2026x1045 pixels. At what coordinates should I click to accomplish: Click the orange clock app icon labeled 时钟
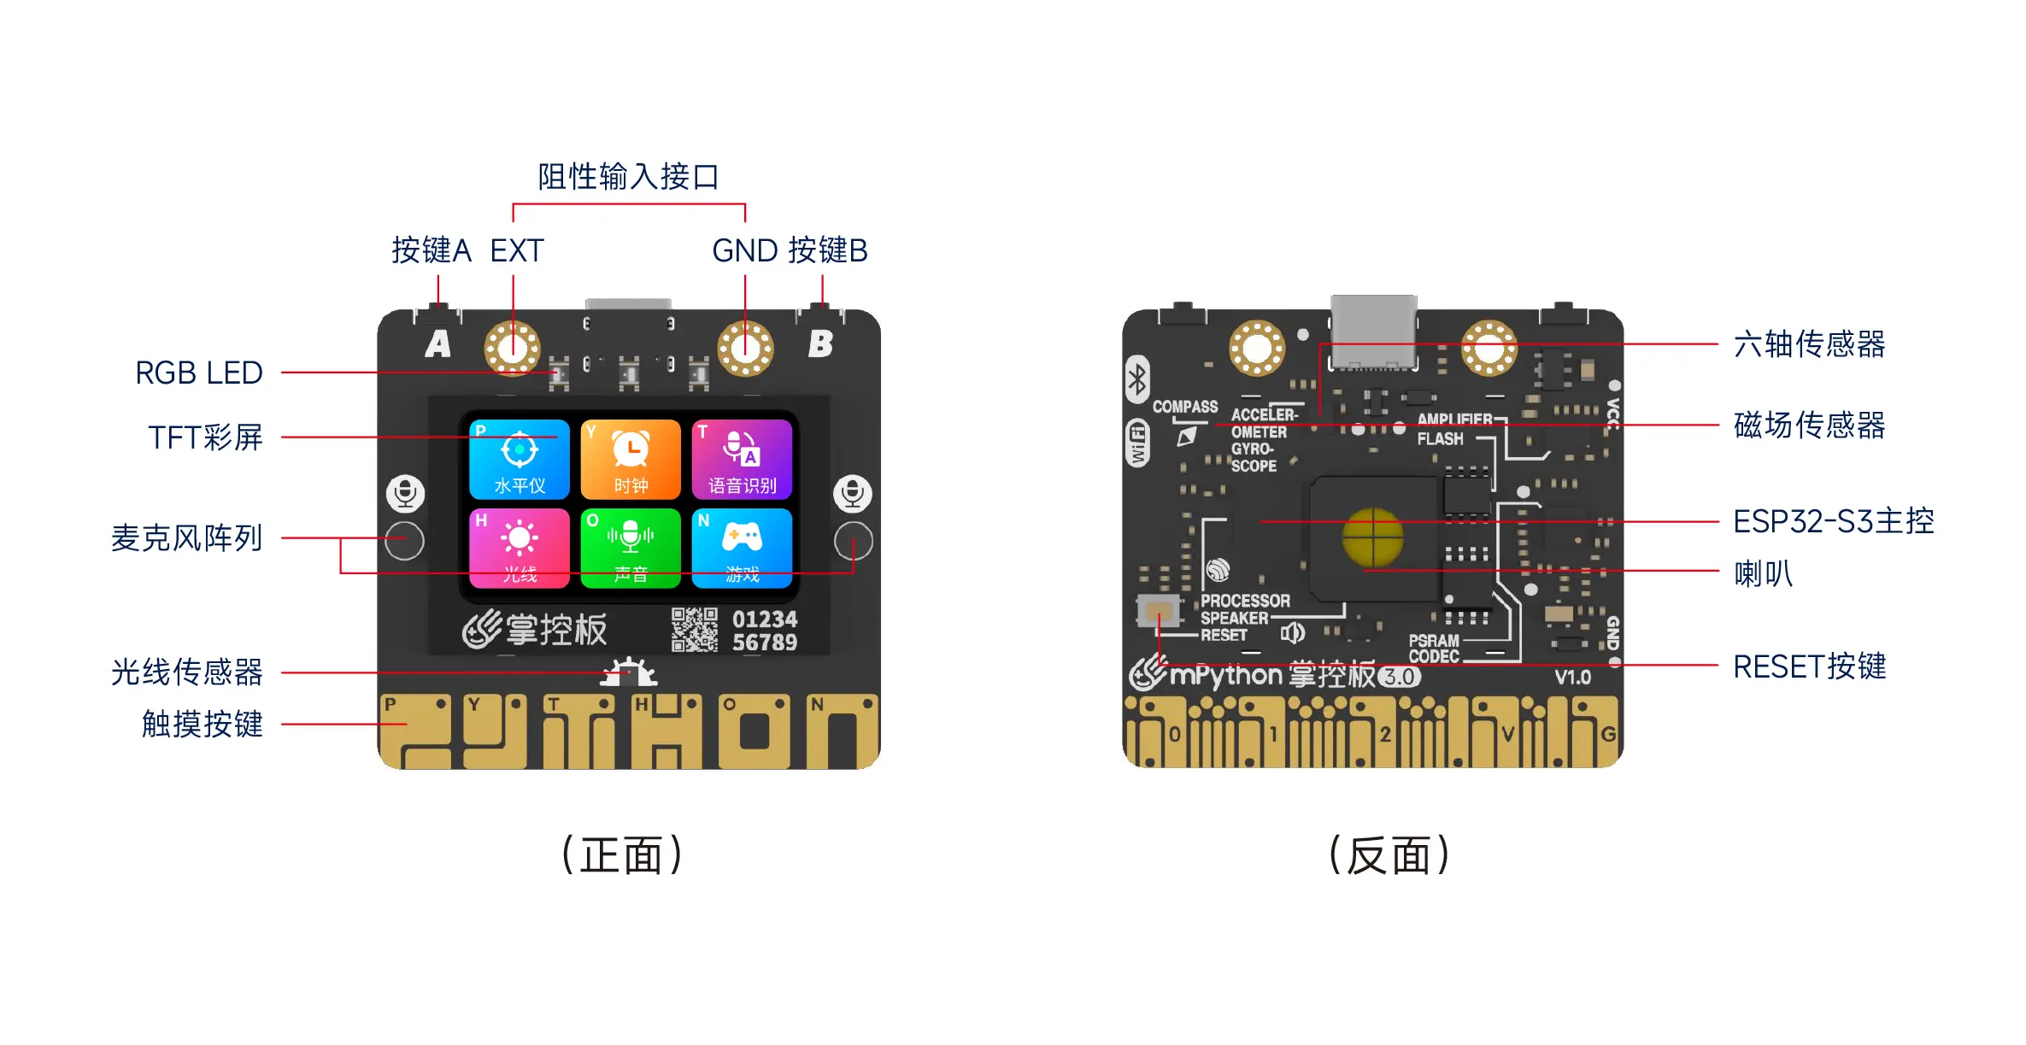point(631,459)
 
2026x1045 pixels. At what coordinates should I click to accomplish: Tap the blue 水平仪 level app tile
point(520,459)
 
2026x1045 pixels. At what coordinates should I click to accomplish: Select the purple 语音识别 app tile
point(742,459)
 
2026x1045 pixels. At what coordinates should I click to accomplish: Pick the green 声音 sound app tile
point(631,548)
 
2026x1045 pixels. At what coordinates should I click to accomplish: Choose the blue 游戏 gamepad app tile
point(742,548)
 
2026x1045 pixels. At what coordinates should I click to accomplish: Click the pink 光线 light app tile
point(520,548)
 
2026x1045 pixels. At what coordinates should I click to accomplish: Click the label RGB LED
point(199,373)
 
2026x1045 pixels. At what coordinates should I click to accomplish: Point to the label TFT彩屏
point(205,437)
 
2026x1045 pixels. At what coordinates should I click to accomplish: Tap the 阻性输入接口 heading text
point(628,177)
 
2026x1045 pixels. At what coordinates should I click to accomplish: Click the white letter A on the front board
point(438,343)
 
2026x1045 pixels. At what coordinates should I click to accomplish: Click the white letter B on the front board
point(820,343)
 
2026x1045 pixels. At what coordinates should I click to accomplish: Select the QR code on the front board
point(694,630)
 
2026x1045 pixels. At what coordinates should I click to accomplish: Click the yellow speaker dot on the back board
point(1373,537)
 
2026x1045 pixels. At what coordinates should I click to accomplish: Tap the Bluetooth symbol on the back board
point(1137,379)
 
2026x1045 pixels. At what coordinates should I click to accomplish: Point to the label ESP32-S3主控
point(1833,521)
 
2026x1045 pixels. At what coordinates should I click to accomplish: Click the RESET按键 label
point(1809,666)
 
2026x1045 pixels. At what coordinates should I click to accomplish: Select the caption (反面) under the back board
point(1389,855)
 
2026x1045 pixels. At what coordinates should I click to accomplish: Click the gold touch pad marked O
point(755,731)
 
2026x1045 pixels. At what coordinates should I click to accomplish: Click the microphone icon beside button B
point(852,493)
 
